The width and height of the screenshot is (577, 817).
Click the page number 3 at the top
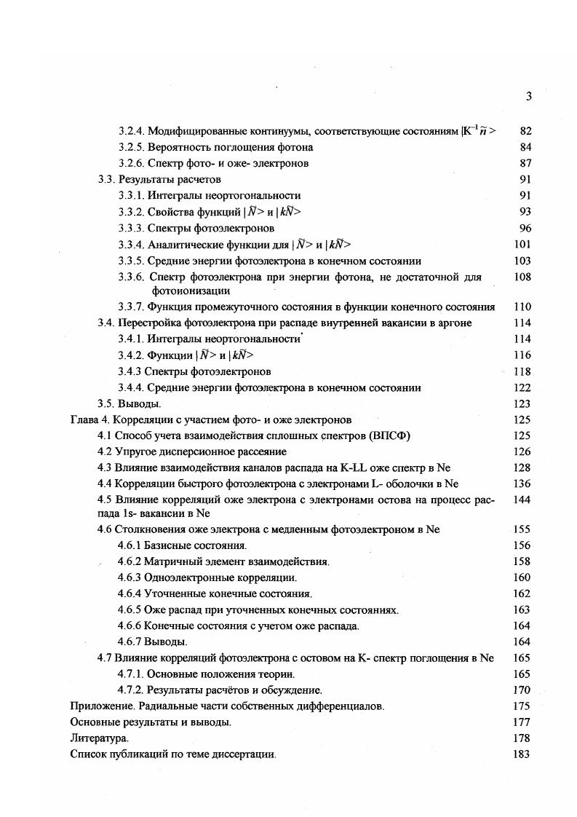point(528,96)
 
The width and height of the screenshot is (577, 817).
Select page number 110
point(522,307)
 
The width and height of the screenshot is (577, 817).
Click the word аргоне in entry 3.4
point(454,323)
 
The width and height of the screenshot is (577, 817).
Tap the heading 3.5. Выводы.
point(129,403)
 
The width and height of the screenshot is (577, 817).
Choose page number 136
point(522,484)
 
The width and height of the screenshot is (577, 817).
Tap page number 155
point(522,529)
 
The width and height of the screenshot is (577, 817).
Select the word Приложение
point(100,706)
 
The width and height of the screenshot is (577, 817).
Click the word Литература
point(94,738)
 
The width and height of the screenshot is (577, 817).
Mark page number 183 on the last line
point(522,754)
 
